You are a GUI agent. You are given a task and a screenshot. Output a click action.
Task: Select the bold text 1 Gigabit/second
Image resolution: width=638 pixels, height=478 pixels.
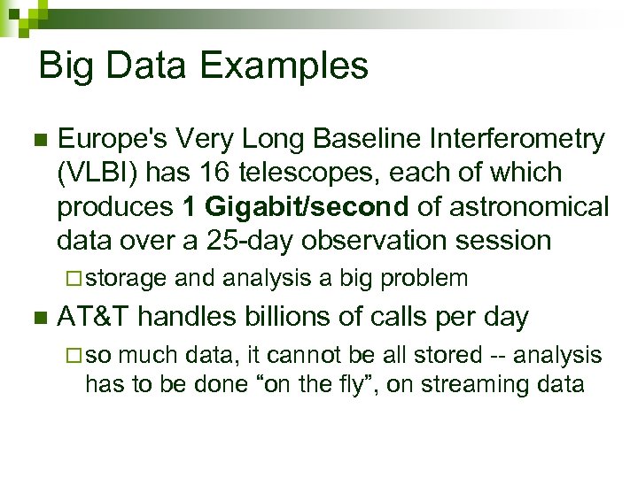[x=295, y=206]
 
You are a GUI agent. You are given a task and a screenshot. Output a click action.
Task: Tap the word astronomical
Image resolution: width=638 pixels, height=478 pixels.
[x=529, y=206]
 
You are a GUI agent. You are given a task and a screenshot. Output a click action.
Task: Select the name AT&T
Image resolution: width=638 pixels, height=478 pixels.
[x=94, y=316]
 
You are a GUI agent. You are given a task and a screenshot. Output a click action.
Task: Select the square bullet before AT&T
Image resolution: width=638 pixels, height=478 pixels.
[x=38, y=318]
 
